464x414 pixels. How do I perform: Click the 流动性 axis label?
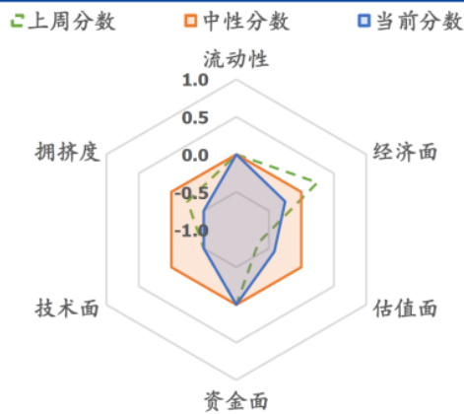236,59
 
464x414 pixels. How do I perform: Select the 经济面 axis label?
405,152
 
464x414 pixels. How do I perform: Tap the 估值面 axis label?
405,309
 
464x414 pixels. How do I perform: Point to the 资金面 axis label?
236,401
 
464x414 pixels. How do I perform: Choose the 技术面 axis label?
67,309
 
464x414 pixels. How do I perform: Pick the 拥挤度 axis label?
67,152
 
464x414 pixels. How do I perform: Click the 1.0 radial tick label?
195,80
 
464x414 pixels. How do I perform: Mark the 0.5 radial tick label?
195,118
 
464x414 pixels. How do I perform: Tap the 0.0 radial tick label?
195,156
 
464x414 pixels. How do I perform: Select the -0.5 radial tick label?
192,193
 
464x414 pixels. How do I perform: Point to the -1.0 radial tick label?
192,231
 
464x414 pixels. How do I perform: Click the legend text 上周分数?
72,22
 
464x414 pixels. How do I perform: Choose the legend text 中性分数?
246,22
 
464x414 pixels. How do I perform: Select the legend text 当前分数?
420,22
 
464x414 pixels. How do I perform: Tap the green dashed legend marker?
17,21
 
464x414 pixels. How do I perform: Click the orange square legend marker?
190,21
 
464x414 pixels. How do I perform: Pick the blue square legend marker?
364,21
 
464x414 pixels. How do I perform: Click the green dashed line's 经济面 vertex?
316,183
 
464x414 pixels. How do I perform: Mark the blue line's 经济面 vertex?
285,201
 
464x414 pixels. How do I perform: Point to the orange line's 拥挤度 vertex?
171,191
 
